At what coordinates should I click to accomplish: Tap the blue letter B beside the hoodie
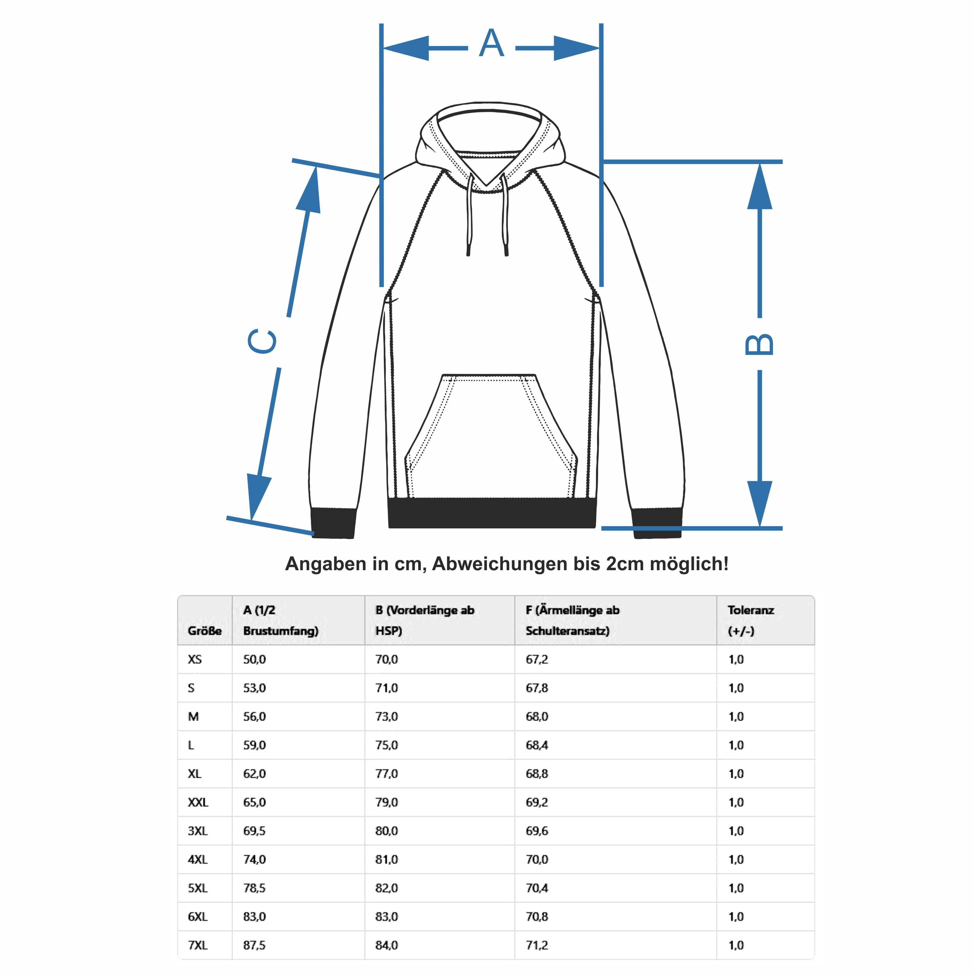point(759,344)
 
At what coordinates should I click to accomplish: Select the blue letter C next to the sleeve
point(262,341)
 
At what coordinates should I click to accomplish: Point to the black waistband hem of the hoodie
point(492,513)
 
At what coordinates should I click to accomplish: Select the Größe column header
point(205,631)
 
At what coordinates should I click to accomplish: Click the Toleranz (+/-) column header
point(751,620)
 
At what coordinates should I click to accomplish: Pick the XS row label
point(195,660)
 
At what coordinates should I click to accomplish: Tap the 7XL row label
point(198,945)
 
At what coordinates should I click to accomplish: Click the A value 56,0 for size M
point(255,716)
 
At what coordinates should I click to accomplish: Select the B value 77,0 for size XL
point(387,774)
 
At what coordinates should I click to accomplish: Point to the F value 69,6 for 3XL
point(537,831)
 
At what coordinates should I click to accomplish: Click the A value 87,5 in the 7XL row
point(255,945)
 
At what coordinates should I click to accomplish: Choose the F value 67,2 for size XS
point(537,660)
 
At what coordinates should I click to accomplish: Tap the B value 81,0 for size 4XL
point(387,859)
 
